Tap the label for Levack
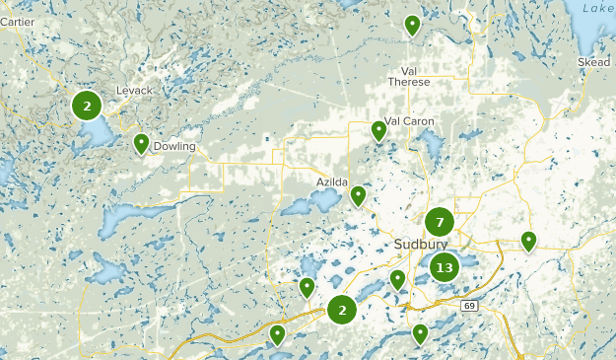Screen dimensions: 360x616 point(134,91)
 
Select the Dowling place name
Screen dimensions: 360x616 point(174,147)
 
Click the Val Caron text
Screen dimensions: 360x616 point(410,121)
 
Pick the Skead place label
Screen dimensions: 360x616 point(594,62)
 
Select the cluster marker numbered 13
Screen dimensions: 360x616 point(445,266)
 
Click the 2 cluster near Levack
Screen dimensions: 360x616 point(87,105)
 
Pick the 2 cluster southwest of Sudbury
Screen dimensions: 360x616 point(342,310)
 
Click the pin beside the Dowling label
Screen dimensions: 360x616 point(142,144)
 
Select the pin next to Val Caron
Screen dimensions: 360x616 point(379,130)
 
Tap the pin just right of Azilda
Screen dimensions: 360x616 point(358,195)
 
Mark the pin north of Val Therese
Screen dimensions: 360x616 point(412,25)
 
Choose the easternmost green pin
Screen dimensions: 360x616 point(528,240)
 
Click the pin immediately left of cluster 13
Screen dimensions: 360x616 point(397,279)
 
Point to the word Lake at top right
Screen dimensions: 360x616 point(597,8)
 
